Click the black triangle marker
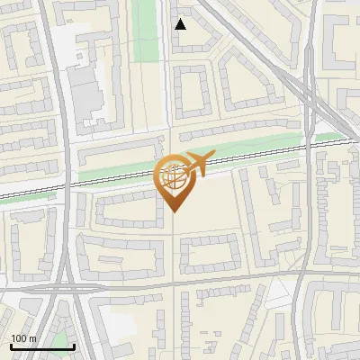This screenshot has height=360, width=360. [180, 24]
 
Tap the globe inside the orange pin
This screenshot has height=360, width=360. [173, 175]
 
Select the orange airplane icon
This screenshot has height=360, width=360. [196, 164]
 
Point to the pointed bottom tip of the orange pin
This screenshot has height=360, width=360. [173, 212]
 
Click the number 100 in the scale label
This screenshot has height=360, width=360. [18, 338]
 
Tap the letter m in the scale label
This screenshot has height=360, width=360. [32, 338]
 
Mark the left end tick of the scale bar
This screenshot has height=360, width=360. [11, 346]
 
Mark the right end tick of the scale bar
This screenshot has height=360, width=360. [74, 346]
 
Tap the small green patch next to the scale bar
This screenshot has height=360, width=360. [61, 340]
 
